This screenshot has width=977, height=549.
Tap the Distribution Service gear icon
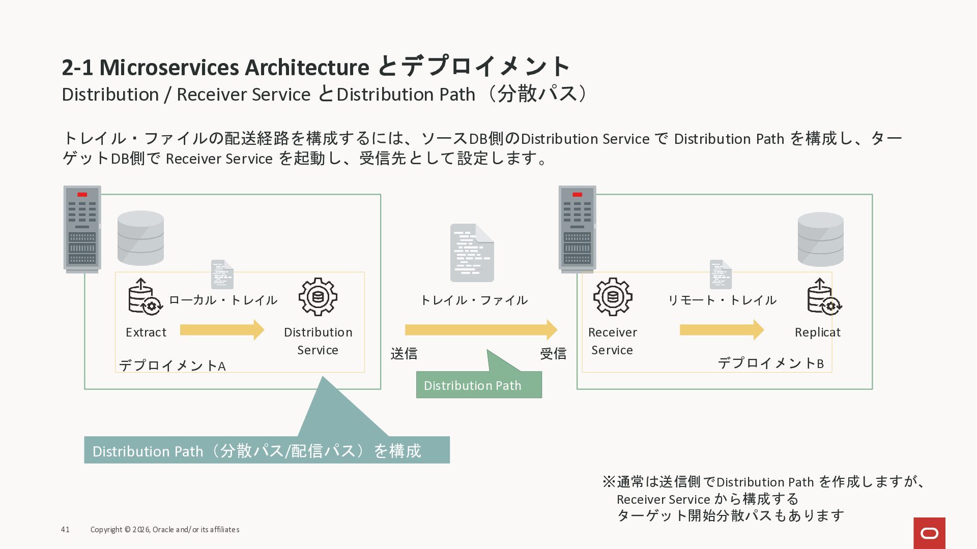318,297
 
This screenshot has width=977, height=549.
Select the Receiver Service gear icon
612,297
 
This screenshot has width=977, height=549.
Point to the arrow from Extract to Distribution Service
222,330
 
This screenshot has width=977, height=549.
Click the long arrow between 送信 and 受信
481,330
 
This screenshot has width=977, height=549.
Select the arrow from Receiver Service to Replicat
722,330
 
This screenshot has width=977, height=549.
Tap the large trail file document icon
472,253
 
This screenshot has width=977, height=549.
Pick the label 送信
404,353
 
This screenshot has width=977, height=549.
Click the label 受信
553,353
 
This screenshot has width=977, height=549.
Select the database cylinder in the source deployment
140,238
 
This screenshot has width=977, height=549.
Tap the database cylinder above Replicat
820,239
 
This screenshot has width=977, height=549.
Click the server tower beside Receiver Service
577,229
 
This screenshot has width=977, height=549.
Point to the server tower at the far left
82,229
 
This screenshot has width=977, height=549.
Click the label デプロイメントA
172,365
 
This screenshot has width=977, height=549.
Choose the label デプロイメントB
770,363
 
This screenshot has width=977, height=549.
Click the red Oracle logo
929,533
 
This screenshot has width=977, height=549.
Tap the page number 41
65,530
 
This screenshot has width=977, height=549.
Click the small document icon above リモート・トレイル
721,274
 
